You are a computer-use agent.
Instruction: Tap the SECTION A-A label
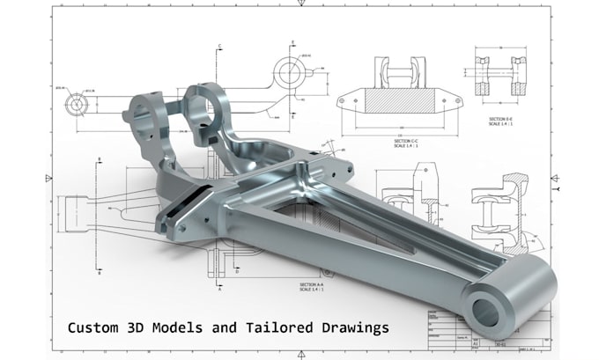(313, 285)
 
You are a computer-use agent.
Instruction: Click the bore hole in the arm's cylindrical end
(487, 309)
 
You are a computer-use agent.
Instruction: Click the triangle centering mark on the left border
(48, 178)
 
